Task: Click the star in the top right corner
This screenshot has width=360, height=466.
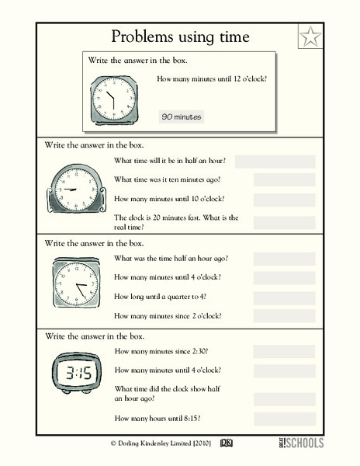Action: click(x=310, y=36)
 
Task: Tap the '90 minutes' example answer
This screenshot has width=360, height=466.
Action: click(x=181, y=116)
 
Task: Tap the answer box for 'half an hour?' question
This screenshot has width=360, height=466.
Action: click(x=275, y=162)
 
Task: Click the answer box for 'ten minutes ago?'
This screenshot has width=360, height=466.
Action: click(x=284, y=180)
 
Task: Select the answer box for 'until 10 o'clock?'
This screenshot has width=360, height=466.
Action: click(x=284, y=200)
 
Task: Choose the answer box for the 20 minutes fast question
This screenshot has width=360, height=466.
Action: click(x=284, y=223)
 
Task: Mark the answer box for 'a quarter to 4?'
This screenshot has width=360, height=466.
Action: click(x=284, y=297)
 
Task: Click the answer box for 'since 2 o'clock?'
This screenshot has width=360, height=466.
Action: click(x=284, y=316)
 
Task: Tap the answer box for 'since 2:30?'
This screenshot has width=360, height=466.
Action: click(x=284, y=351)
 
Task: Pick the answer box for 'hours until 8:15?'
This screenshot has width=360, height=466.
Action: click(x=284, y=419)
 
